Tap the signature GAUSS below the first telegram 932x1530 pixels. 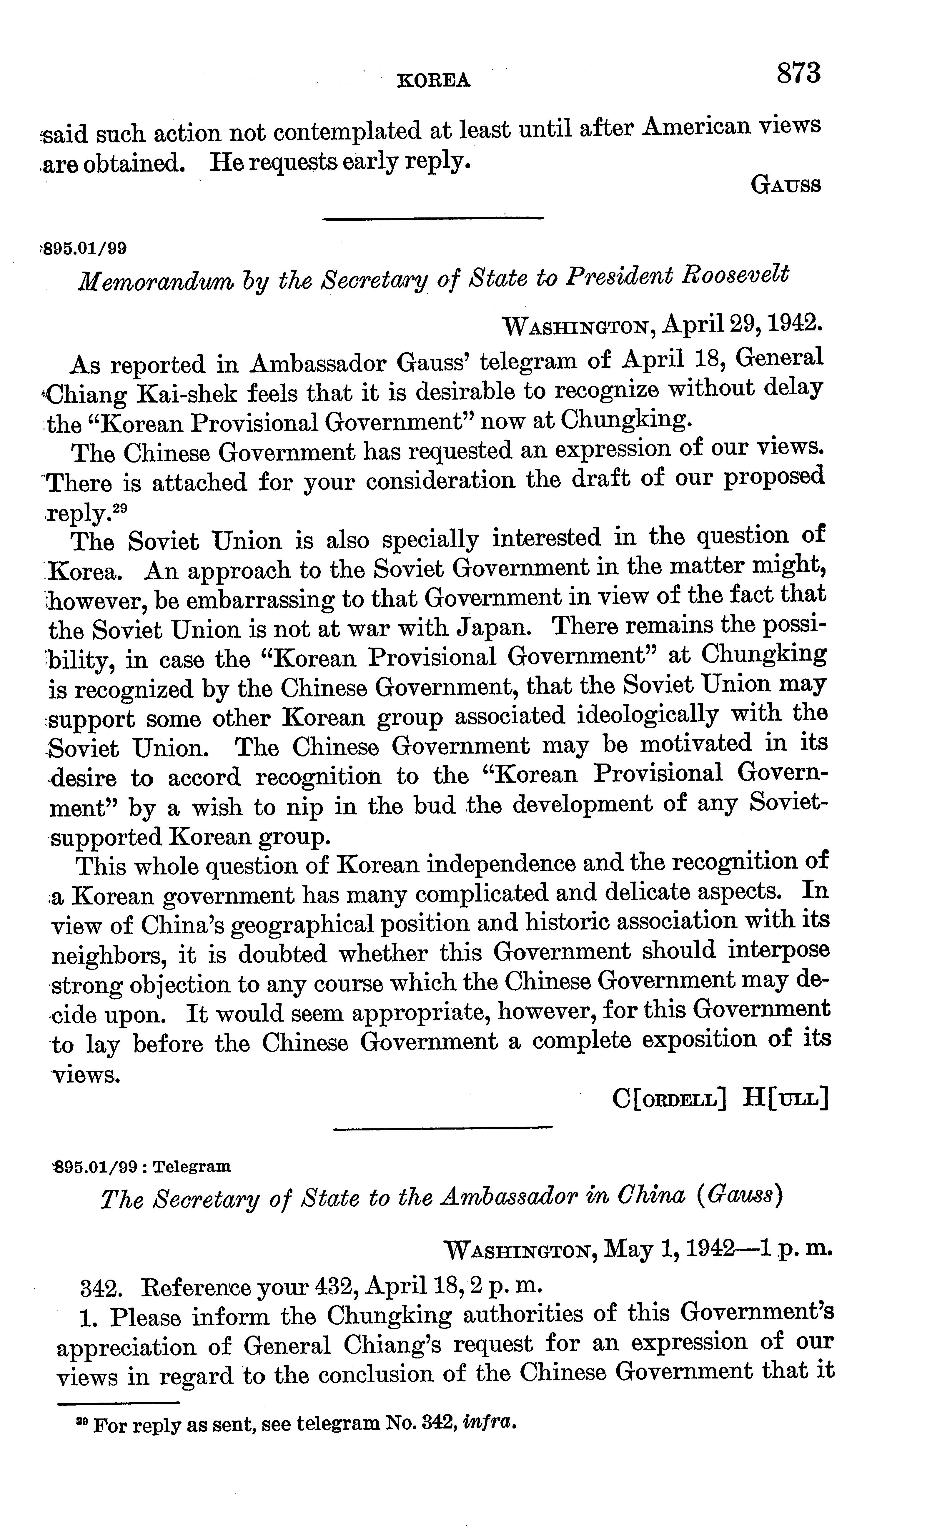(x=785, y=185)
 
